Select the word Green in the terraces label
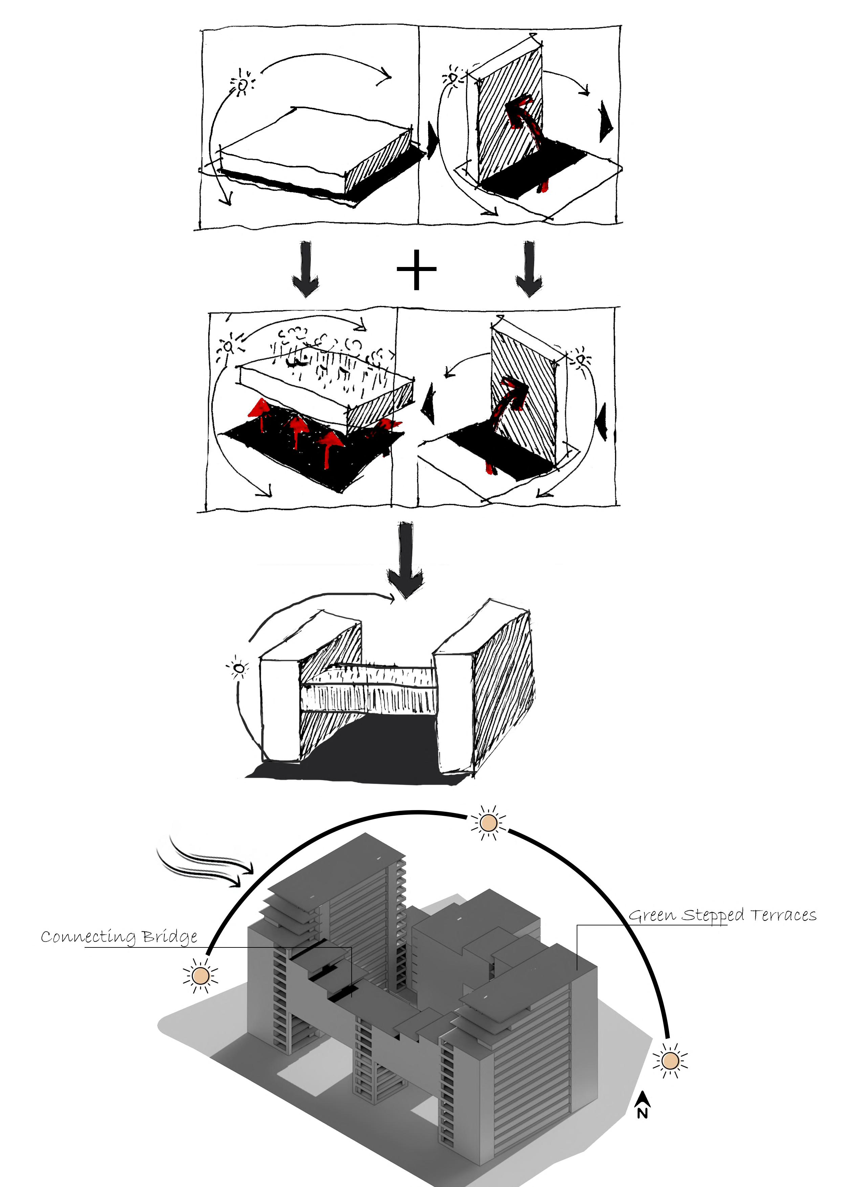pos(652,915)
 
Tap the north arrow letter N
pos(642,1113)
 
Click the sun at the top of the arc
pos(488,822)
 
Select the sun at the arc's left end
pos(200,976)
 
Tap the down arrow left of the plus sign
pos(306,268)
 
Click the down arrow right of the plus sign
pos(529,268)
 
